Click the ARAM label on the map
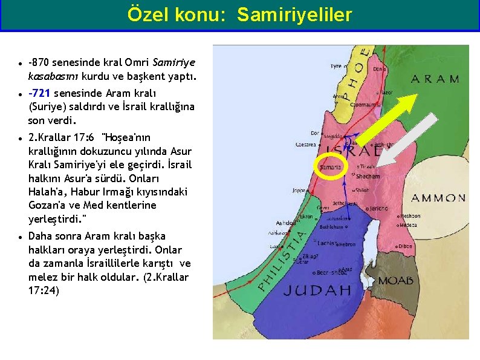pos(435,79)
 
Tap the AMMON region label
pos(438,198)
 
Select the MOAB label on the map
pos(395,281)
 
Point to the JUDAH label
pos(317,290)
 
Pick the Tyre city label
pos(336,67)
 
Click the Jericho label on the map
pos(378,208)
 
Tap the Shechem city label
pos(368,177)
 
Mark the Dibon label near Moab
pos(405,246)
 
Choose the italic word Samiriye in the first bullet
pos(174,62)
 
